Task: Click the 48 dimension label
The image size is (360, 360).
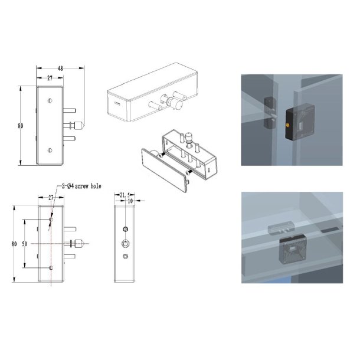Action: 60,68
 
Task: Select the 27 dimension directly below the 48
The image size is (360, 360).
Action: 50,78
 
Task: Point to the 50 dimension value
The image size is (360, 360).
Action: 25,244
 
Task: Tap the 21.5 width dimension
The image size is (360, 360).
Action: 125,195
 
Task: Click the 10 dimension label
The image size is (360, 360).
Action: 130,201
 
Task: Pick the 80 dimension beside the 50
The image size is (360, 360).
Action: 14,244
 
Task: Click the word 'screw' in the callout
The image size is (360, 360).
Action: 81,186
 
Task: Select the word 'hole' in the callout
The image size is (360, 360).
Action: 96,186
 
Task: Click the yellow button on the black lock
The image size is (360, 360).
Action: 287,125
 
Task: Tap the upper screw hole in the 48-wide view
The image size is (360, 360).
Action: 50,100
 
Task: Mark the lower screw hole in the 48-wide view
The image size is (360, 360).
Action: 50,150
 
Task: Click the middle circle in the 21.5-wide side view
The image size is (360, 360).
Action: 125,243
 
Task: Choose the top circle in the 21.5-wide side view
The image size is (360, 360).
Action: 125,229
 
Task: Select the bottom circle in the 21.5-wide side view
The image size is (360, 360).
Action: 125,256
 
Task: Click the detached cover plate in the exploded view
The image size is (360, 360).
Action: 165,170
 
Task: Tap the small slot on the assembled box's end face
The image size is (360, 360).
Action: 117,103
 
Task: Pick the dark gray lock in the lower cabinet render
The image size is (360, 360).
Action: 293,248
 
